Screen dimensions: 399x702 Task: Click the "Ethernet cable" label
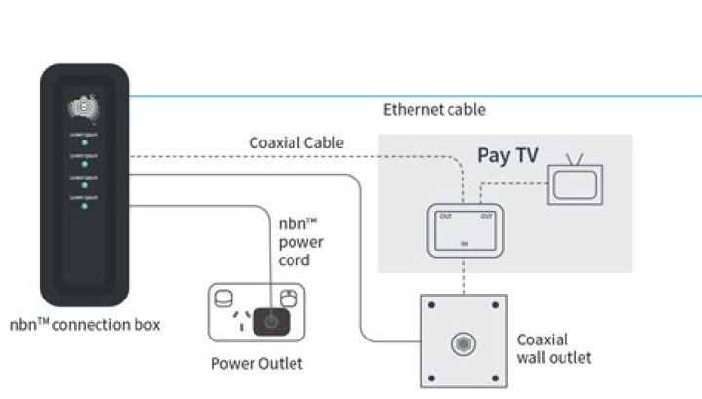(x=433, y=110)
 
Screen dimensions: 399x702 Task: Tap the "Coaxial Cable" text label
(x=295, y=143)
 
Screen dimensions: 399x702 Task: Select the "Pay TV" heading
(x=507, y=155)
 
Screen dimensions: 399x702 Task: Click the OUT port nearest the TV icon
(x=487, y=217)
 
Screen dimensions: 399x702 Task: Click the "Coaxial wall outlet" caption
(x=553, y=349)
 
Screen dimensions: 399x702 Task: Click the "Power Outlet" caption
(x=256, y=364)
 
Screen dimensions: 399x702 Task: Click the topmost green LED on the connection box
(x=83, y=141)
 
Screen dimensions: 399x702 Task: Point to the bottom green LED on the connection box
(x=83, y=206)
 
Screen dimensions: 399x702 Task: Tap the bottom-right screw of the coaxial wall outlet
(x=495, y=377)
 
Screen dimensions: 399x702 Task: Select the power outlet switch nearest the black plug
(x=287, y=298)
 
